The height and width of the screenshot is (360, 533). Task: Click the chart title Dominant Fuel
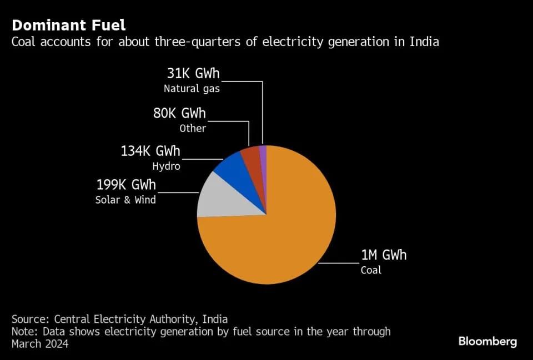click(x=69, y=25)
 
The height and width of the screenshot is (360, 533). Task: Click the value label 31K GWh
click(x=193, y=74)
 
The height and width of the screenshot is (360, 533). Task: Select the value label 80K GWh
click(x=179, y=114)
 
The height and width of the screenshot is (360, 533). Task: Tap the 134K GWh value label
click(x=150, y=151)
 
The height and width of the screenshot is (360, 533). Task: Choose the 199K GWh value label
click(x=126, y=185)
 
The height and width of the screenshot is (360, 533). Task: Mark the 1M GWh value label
click(x=384, y=255)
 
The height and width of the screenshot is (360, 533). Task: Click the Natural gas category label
click(x=192, y=88)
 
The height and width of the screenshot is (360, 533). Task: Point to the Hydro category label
click(x=166, y=165)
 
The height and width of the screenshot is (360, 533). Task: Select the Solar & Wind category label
click(x=125, y=200)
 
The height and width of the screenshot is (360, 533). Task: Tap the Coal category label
click(x=371, y=270)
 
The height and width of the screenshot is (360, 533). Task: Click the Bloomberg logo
click(x=487, y=341)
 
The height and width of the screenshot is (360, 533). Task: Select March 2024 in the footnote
click(x=40, y=344)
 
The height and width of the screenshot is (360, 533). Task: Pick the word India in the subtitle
click(x=425, y=42)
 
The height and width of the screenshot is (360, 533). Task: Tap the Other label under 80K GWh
click(x=193, y=128)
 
